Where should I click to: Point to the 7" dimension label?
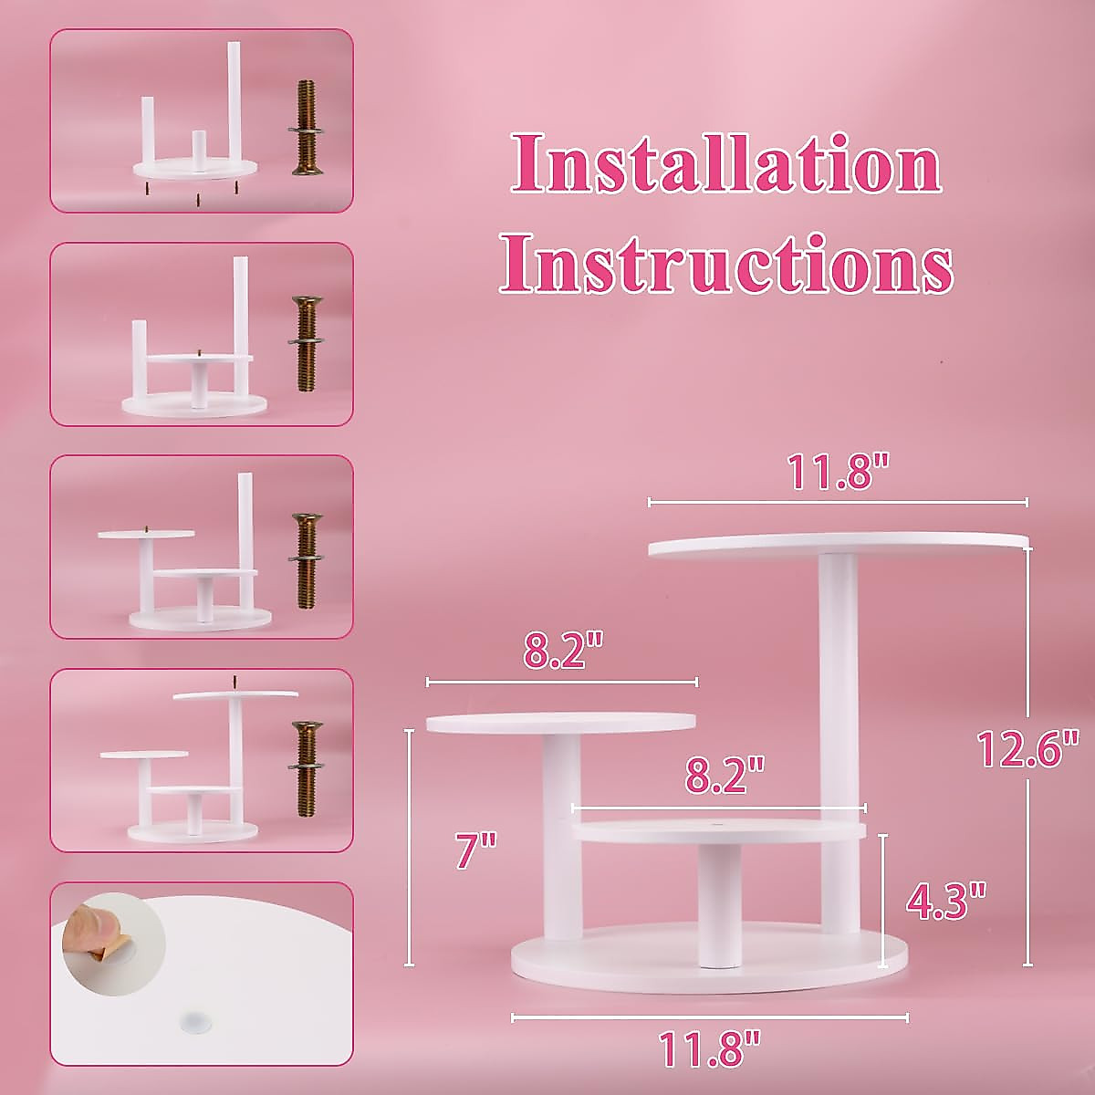(475, 852)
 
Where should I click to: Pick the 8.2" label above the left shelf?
(563, 653)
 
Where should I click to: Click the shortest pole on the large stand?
(718, 903)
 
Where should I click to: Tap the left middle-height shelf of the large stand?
(561, 723)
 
